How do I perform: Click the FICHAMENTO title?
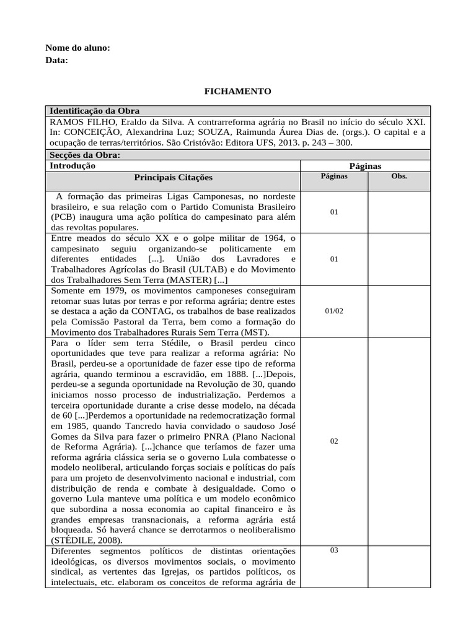(238, 91)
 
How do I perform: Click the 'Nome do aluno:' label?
(78, 48)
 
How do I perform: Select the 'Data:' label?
(57, 60)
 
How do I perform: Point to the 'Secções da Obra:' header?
(85, 155)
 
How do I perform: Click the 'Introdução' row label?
(73, 166)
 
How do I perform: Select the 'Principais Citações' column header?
(173, 178)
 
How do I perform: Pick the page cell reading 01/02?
(334, 311)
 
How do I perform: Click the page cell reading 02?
(334, 441)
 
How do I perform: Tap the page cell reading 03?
(334, 550)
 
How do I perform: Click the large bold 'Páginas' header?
(365, 166)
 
